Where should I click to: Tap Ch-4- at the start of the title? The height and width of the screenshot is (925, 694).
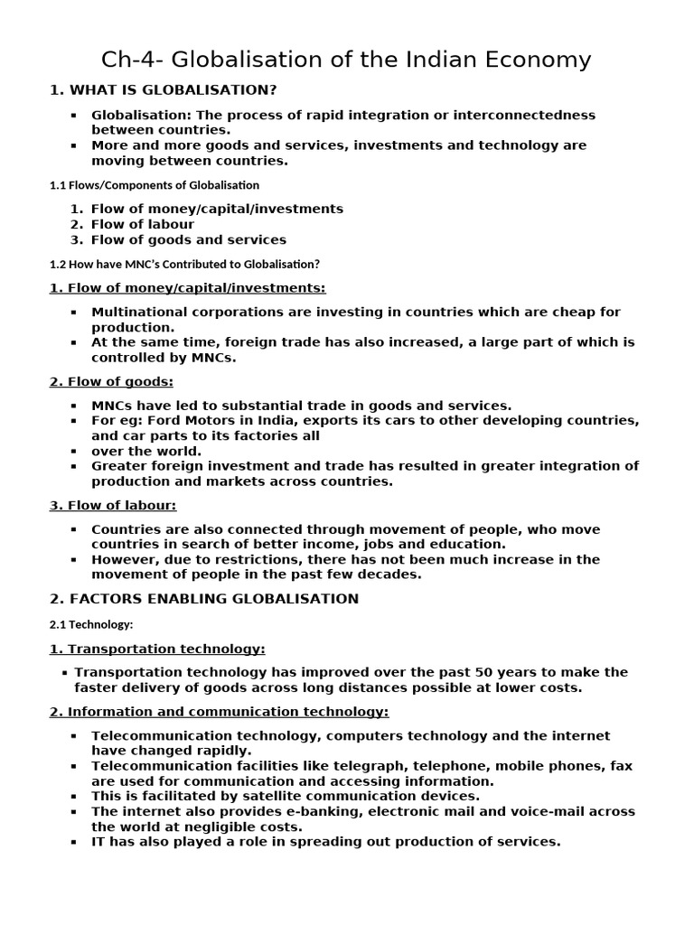coord(132,61)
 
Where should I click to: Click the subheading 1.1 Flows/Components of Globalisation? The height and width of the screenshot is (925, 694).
coord(154,185)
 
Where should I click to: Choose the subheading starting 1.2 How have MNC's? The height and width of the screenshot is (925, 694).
coord(184,265)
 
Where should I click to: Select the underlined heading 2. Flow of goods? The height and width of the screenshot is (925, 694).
coord(111,382)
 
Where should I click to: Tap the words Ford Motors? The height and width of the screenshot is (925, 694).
coord(199,421)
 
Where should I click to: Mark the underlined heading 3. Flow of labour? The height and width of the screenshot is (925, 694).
coord(113,506)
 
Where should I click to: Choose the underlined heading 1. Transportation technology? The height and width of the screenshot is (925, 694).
coord(157,649)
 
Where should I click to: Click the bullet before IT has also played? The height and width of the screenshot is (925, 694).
coord(73,842)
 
